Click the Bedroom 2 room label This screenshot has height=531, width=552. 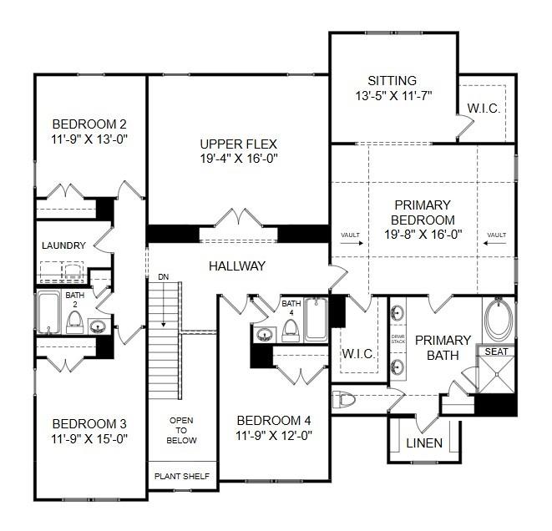[x=89, y=124]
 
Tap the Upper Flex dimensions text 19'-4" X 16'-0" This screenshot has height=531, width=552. [x=239, y=159]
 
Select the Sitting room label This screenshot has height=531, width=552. [x=392, y=81]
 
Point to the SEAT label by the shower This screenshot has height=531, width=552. [x=496, y=351]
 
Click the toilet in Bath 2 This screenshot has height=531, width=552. [x=74, y=322]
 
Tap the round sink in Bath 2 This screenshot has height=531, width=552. [x=97, y=327]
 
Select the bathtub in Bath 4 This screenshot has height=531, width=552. [x=316, y=320]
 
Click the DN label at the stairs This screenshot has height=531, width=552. [x=164, y=277]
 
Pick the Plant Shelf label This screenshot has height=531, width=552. [x=182, y=477]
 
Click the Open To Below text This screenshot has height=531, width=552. [x=181, y=430]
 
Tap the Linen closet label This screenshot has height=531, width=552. [x=424, y=443]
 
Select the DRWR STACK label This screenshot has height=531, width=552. [x=398, y=339]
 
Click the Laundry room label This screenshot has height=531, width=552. [x=63, y=245]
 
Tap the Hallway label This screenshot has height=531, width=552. [x=237, y=266]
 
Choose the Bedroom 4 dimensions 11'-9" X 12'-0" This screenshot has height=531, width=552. [x=274, y=436]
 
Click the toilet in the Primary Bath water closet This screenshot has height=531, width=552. [x=343, y=399]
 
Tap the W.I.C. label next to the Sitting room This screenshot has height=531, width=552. [x=484, y=109]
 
